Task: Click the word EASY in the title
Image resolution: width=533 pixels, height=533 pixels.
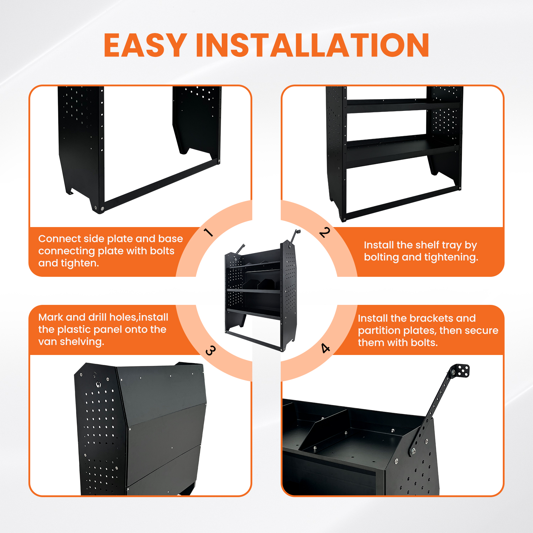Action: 145,45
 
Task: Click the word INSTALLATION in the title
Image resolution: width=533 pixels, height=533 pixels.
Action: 313,45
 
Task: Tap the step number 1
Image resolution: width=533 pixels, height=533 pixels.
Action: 209,232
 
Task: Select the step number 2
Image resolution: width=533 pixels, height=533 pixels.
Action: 325,232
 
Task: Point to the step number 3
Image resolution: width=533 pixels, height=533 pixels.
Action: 210,351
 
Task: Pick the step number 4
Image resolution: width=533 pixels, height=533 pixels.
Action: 325,348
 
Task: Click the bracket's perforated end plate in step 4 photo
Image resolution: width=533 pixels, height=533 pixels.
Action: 461,370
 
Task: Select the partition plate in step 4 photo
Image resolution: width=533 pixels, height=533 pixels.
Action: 322,430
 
